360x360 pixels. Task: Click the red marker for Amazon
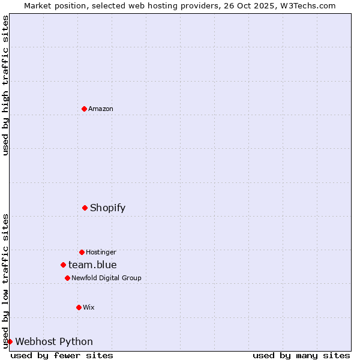[84, 109]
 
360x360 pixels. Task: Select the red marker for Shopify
[85, 208]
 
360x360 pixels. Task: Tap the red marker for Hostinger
[82, 252]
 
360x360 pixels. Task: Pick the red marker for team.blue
[63, 265]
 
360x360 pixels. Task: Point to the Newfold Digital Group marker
[67, 278]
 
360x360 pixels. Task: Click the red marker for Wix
[79, 307]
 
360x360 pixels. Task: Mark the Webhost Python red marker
[10, 341]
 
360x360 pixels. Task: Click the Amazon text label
[101, 109]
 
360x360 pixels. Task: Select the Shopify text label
[108, 208]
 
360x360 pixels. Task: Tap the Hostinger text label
[101, 252]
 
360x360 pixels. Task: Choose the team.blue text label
[92, 265]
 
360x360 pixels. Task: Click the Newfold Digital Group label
[106, 278]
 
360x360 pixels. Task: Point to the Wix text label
[89, 307]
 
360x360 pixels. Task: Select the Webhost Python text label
[54, 341]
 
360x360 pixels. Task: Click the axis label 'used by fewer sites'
[62, 355]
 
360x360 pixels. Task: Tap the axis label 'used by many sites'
[301, 355]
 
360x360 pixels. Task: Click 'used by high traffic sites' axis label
[5, 85]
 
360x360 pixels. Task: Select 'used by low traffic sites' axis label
[5, 280]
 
